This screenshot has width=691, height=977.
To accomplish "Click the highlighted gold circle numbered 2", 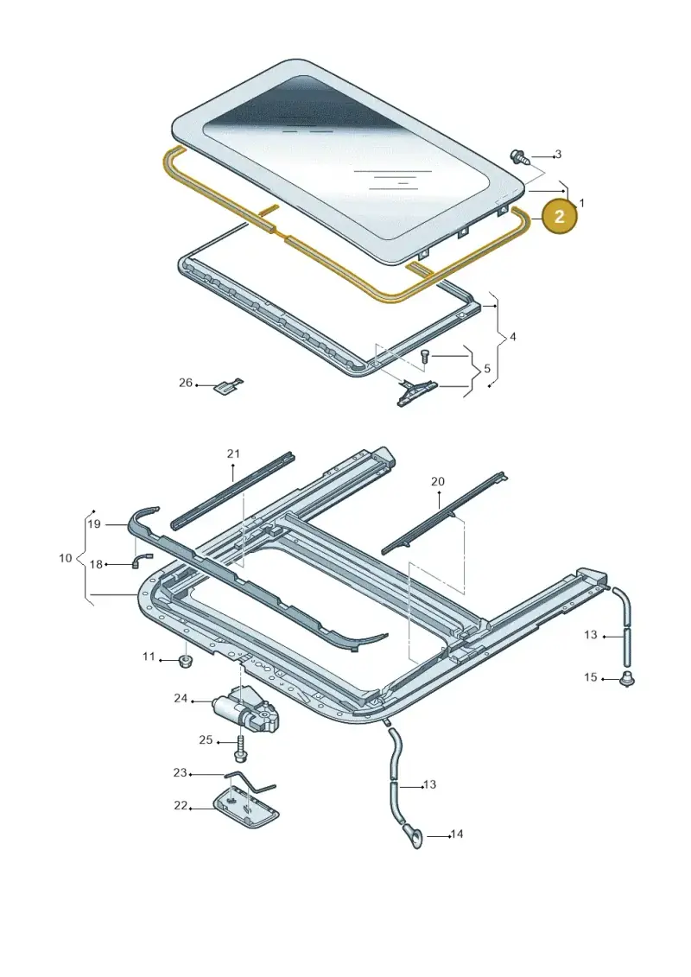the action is click(559, 216).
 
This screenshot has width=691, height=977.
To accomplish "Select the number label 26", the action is click(186, 383).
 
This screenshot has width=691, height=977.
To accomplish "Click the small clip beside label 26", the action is click(229, 386).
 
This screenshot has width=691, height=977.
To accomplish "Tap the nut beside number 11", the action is click(184, 661).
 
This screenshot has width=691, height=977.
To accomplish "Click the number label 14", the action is click(457, 834).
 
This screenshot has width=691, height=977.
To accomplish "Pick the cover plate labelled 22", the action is click(247, 809).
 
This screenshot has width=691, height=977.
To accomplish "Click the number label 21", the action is click(233, 454).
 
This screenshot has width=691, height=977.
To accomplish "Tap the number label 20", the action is click(438, 481).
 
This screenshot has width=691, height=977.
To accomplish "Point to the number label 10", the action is click(66, 558).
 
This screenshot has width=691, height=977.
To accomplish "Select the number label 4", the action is click(513, 337).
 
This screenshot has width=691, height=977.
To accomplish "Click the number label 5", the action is click(487, 368).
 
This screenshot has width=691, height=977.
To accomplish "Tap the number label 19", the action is click(94, 524).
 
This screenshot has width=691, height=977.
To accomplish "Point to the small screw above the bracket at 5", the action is click(424, 357).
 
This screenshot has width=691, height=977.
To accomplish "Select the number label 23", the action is click(180, 772).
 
